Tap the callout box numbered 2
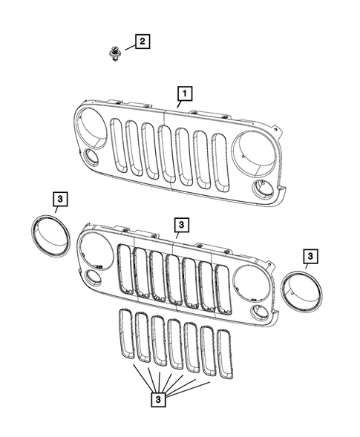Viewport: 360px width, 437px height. pyautogui.click(x=142, y=41)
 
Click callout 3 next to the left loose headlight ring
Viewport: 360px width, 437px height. pyautogui.click(x=60, y=198)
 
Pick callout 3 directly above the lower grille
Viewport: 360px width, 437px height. pyautogui.click(x=181, y=223)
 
